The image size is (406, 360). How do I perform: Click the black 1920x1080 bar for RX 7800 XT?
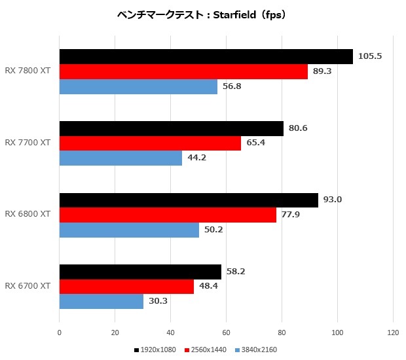[x=206, y=57]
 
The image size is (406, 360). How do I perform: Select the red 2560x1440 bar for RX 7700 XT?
[x=150, y=143]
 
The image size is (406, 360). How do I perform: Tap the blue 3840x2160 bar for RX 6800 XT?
[x=129, y=230]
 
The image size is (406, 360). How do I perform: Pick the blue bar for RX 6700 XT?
[x=101, y=301]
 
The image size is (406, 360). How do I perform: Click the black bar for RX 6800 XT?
[x=189, y=200]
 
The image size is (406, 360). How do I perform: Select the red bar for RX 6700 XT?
[x=126, y=287]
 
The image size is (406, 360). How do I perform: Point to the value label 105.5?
[x=370, y=56]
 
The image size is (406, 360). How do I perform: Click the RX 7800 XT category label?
[x=28, y=71]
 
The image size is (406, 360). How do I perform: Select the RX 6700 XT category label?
[x=28, y=286]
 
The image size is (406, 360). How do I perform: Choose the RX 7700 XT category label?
[x=28, y=142]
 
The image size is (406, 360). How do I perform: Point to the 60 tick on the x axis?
[x=226, y=332]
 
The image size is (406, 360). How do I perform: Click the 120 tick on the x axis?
[x=393, y=332]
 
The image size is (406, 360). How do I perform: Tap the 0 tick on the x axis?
[x=60, y=332]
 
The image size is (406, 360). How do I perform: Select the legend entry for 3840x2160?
[x=259, y=350]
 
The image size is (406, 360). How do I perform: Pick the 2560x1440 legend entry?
[x=208, y=350]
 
